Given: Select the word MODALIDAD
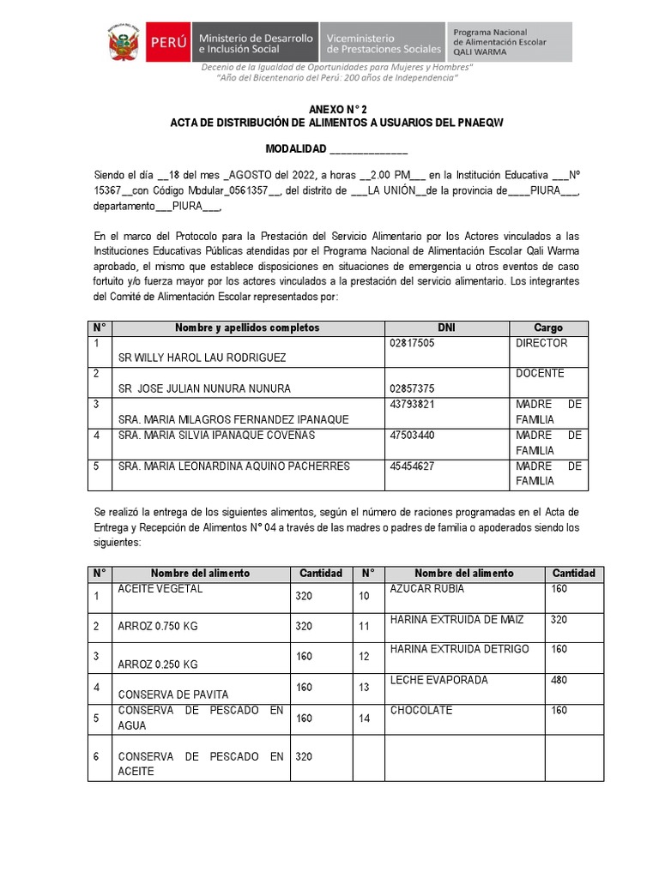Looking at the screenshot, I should click(x=296, y=150).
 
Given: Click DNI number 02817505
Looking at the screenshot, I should click(x=412, y=343).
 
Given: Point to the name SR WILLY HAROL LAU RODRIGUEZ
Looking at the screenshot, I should click(x=202, y=358).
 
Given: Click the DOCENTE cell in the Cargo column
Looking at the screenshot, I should click(x=540, y=374).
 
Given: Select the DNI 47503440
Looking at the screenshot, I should click(x=412, y=436).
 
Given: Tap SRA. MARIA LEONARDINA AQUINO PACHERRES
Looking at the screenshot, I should click(x=233, y=466).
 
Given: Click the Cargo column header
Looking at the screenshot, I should click(x=548, y=328).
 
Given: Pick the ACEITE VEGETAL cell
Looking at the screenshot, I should click(x=160, y=589).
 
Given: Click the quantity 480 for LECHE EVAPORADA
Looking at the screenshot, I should click(x=559, y=680).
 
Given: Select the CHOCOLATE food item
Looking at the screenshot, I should click(x=421, y=711).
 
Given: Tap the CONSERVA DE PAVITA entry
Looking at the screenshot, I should click(x=173, y=695).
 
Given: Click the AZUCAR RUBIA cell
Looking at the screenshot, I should click(x=426, y=589).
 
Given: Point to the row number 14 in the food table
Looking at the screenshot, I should click(x=365, y=719).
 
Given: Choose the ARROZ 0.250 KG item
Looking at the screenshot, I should click(x=158, y=665).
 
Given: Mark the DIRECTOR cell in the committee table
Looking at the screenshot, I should click(x=541, y=343).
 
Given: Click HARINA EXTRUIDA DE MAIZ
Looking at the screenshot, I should click(x=456, y=619).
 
